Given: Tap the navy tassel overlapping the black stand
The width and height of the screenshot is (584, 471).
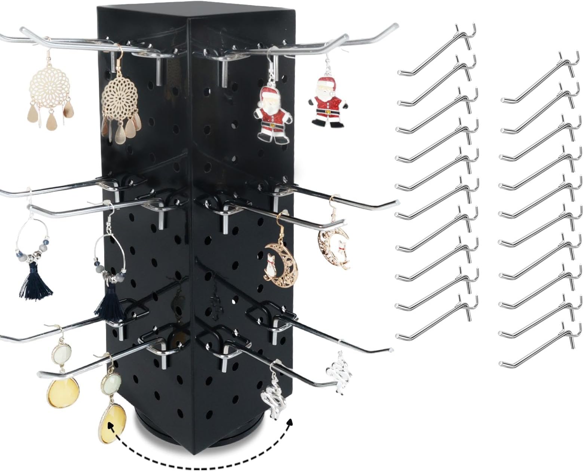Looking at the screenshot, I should [x=109, y=303].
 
